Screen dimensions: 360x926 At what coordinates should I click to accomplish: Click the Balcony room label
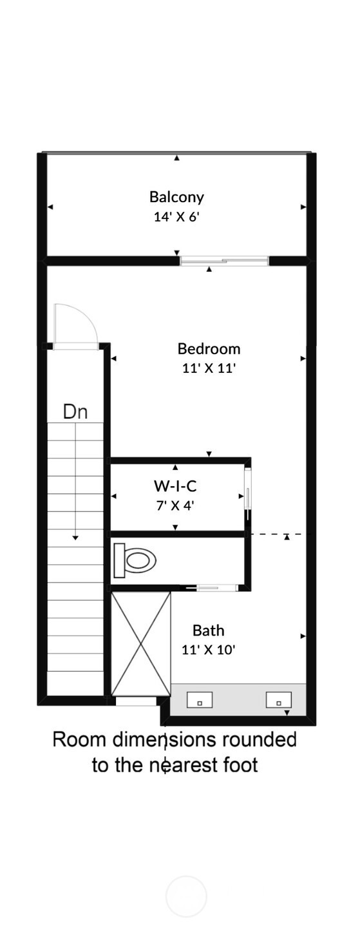click(176, 197)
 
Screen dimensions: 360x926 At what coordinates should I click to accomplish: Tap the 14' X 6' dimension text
click(177, 216)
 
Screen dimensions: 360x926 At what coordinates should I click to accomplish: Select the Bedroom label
click(209, 349)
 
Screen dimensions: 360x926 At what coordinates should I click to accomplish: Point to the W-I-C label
click(175, 486)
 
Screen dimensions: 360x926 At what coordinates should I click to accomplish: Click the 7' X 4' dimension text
click(175, 505)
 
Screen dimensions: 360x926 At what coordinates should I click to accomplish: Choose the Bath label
click(208, 630)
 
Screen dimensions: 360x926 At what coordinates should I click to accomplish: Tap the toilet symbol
click(135, 561)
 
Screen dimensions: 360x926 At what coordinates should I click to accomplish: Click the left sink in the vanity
click(200, 700)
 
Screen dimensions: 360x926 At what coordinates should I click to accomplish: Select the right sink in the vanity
click(279, 700)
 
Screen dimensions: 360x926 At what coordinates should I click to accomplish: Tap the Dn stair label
click(75, 412)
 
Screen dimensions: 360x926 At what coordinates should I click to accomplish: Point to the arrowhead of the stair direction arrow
click(75, 538)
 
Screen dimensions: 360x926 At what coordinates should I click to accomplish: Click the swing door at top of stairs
click(75, 326)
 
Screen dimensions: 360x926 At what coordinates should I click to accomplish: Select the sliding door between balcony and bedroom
click(224, 261)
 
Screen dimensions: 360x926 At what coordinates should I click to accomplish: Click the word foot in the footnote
click(241, 765)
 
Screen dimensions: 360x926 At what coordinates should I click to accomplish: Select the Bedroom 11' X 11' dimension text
click(209, 368)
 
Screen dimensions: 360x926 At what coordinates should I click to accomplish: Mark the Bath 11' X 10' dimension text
click(209, 650)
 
